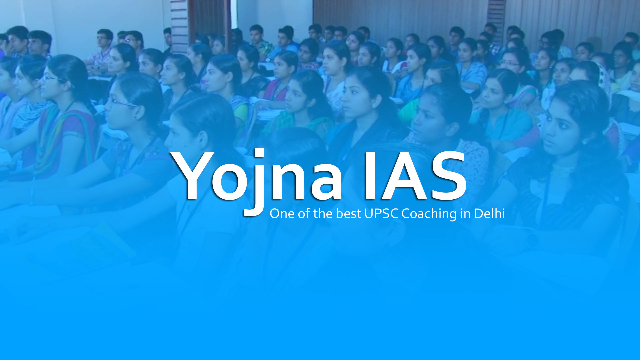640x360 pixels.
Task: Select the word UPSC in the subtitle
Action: (x=381, y=214)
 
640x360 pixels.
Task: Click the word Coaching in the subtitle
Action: (x=429, y=214)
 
